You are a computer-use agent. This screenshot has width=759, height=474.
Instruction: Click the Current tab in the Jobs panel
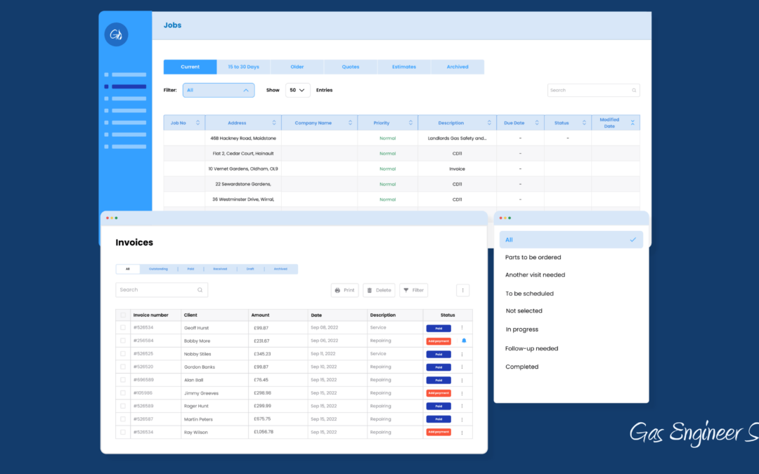pyautogui.click(x=190, y=67)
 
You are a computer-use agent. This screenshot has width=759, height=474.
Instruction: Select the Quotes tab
pyautogui.click(x=350, y=67)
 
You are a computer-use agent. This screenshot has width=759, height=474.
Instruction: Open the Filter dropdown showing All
pyautogui.click(x=219, y=90)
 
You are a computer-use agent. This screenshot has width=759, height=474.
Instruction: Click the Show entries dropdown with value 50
pyautogui.click(x=297, y=90)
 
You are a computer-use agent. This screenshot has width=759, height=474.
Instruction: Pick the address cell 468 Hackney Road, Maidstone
pyautogui.click(x=243, y=138)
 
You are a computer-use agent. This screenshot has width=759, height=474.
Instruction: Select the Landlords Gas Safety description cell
pyautogui.click(x=457, y=138)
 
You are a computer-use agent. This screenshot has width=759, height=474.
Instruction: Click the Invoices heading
pyautogui.click(x=134, y=242)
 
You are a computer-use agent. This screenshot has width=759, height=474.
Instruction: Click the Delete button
pyautogui.click(x=379, y=290)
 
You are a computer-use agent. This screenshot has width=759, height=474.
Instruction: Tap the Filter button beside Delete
pyautogui.click(x=413, y=290)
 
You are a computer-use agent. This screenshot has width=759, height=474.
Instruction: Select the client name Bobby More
pyautogui.click(x=197, y=341)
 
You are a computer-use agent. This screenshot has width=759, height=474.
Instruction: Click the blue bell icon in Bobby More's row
pyautogui.click(x=464, y=341)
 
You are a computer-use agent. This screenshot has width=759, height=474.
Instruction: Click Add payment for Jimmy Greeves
pyautogui.click(x=439, y=393)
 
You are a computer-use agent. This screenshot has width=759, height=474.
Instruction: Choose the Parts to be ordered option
pyautogui.click(x=533, y=257)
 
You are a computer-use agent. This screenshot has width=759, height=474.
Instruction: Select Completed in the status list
pyautogui.click(x=521, y=367)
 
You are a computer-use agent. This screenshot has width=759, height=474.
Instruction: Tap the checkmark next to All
pyautogui.click(x=632, y=239)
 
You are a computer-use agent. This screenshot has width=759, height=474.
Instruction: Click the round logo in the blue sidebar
pyautogui.click(x=116, y=34)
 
